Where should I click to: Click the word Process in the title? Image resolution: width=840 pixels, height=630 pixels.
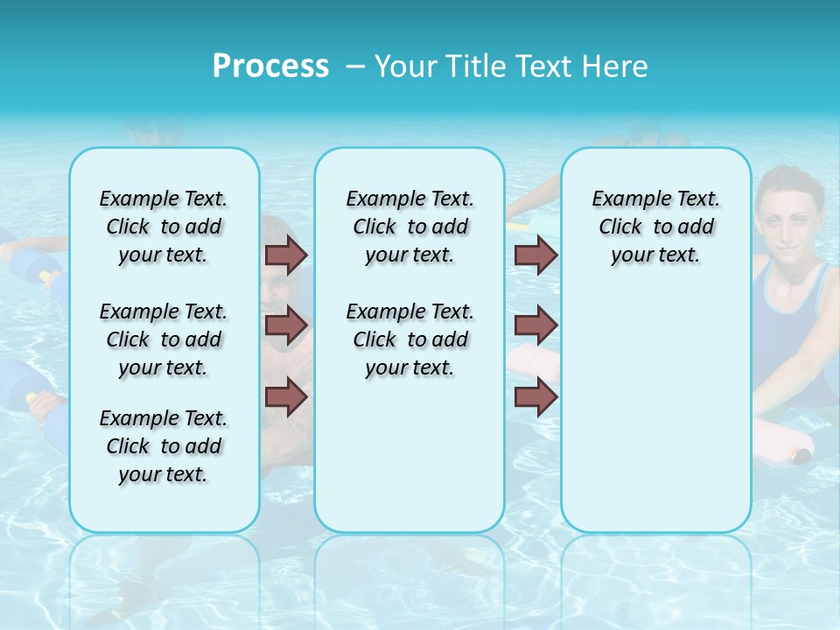(x=270, y=66)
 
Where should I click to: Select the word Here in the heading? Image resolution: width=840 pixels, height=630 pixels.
(x=613, y=66)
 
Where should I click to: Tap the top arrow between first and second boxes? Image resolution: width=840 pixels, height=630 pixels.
(x=286, y=255)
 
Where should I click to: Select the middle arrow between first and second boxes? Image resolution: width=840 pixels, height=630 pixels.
(x=286, y=325)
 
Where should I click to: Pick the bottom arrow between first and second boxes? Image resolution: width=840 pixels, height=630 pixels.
(x=286, y=398)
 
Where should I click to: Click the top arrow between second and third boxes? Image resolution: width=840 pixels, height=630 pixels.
(x=535, y=255)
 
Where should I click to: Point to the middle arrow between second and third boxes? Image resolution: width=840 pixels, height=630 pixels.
(x=535, y=325)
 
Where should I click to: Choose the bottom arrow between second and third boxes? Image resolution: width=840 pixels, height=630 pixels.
(x=535, y=398)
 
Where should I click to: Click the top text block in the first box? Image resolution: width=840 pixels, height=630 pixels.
(x=164, y=227)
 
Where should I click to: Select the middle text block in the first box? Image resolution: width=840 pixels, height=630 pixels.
(x=164, y=339)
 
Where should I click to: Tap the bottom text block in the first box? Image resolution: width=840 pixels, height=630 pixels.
(x=164, y=446)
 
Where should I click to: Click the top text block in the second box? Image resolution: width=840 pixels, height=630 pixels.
(x=409, y=227)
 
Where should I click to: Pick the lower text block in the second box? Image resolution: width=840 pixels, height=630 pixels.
(x=409, y=339)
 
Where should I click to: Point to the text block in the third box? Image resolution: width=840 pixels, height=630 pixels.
(x=655, y=227)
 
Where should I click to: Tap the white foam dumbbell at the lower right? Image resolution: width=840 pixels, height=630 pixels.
(x=783, y=442)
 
